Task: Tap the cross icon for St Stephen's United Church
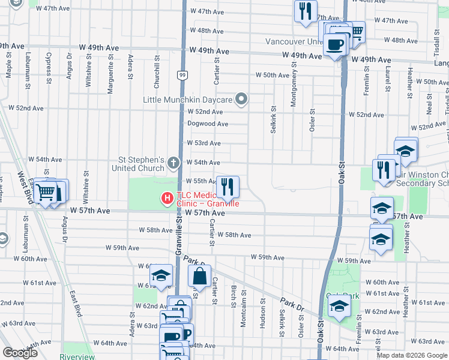coord(173,163)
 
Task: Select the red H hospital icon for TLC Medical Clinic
coord(167,197)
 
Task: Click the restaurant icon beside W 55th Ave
coord(227,187)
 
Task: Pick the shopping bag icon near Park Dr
coord(199,277)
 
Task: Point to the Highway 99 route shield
coord(181,74)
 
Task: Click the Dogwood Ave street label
coord(207,124)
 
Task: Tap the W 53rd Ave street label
coord(203,143)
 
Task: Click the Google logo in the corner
coord(20,353)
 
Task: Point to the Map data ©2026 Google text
coord(411,355)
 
